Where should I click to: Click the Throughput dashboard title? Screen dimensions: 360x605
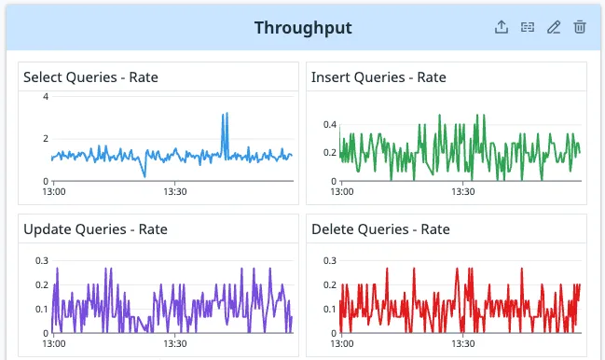click(303, 28)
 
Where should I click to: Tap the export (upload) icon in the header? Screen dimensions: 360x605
click(502, 28)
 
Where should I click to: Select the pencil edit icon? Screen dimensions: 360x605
click(554, 28)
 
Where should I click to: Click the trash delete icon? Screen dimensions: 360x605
click(580, 28)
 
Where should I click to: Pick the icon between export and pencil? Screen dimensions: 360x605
click(528, 28)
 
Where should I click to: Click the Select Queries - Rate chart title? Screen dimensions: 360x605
click(90, 76)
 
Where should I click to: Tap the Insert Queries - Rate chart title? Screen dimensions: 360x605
click(378, 76)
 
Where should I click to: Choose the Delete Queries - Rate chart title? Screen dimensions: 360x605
click(380, 228)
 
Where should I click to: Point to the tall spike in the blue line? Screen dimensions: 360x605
click(224, 116)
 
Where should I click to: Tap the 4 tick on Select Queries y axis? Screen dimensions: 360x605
click(45, 97)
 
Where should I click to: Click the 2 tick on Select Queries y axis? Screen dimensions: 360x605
click(45, 139)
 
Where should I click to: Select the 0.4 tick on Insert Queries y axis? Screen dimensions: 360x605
click(329, 124)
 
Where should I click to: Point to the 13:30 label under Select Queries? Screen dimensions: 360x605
click(176, 193)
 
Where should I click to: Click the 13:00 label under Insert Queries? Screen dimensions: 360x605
click(342, 193)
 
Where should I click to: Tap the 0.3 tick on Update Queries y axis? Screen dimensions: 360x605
click(41, 261)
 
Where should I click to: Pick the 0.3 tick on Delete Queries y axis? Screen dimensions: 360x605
click(329, 261)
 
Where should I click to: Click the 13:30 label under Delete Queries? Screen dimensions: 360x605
click(463, 345)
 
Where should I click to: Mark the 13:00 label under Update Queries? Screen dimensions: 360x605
click(54, 345)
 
